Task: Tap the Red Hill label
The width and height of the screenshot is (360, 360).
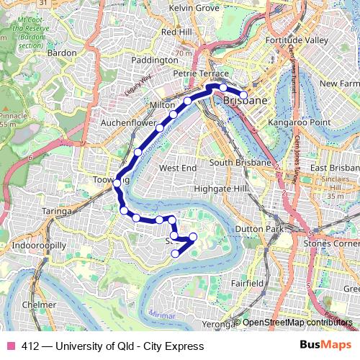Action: (177, 32)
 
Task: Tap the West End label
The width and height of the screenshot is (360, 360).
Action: (177, 168)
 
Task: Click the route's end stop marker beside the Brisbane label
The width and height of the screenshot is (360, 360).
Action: (243, 95)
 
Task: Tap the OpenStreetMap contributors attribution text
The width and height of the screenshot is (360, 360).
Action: (298, 323)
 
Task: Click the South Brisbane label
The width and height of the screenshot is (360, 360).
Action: (240, 163)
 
